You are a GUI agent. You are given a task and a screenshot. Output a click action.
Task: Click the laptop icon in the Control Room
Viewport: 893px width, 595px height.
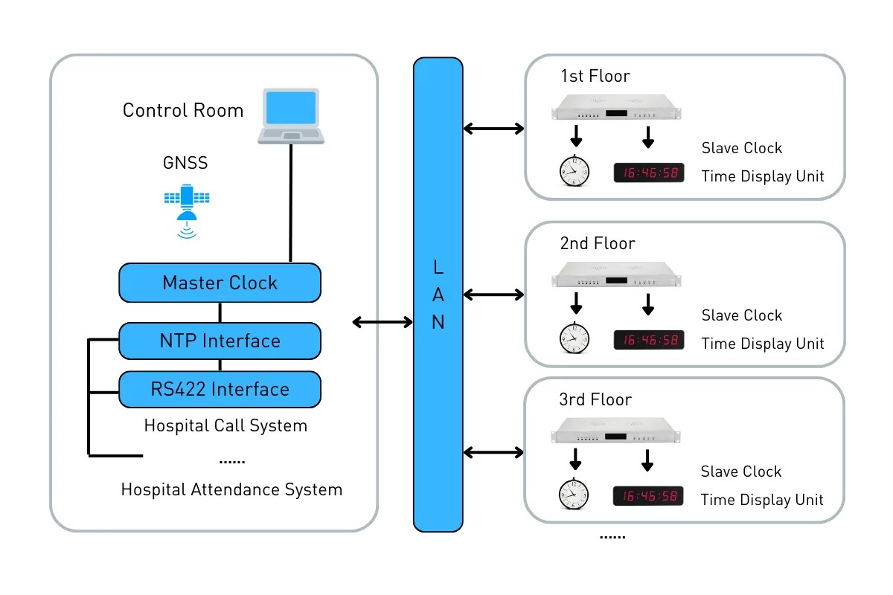(291, 116)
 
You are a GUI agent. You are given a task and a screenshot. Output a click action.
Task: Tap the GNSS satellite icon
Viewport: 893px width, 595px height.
(186, 208)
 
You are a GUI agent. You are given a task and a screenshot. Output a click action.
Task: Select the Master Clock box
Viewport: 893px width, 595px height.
(220, 283)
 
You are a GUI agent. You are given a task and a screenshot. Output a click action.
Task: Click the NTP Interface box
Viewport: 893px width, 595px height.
(220, 341)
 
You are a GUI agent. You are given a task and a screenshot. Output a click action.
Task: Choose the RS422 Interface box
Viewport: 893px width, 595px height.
(220, 389)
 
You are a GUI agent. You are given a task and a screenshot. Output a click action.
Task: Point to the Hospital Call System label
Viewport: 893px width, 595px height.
(225, 426)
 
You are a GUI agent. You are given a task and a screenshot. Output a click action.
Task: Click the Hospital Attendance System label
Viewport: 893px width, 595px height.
(231, 490)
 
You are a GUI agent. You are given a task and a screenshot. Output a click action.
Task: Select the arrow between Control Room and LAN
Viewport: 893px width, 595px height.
(383, 322)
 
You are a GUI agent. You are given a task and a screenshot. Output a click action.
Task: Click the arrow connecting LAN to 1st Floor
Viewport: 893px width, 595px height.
(494, 129)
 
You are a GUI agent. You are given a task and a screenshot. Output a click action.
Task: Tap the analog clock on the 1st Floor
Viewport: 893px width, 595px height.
(574, 171)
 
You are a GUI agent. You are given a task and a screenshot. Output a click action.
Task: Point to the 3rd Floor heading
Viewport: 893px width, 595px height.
(595, 399)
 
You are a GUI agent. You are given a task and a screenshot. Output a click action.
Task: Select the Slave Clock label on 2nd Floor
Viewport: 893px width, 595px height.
(742, 315)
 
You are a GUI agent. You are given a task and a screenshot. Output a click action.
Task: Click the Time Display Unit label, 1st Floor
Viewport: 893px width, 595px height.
(763, 176)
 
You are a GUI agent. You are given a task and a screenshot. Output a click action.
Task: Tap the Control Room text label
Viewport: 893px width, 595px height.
(183, 111)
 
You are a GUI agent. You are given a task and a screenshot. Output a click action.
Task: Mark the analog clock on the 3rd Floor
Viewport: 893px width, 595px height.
(574, 494)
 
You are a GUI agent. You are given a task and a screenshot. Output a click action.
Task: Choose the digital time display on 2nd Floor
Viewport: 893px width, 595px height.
(647, 340)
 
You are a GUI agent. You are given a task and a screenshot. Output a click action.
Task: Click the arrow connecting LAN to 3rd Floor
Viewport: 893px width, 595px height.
(494, 452)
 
